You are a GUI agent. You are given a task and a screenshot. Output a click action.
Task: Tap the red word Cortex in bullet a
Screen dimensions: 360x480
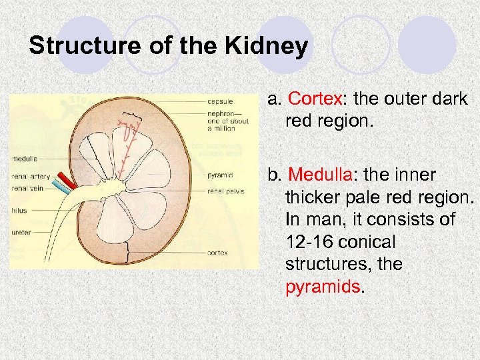click(x=315, y=99)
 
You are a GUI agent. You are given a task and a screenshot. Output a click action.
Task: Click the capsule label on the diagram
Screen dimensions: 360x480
click(x=220, y=101)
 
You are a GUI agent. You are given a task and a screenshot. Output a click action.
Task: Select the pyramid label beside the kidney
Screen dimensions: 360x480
click(x=220, y=176)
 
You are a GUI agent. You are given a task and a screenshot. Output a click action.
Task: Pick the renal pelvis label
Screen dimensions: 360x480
click(x=226, y=191)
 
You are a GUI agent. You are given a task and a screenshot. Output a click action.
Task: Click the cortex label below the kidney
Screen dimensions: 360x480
click(x=217, y=253)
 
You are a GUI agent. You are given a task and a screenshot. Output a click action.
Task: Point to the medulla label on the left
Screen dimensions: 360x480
click(x=25, y=159)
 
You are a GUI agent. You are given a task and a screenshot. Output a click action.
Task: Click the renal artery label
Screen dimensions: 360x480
click(x=31, y=177)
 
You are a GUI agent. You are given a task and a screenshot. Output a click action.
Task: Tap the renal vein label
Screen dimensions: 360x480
click(x=29, y=187)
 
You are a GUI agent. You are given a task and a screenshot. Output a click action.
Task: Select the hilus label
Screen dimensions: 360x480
click(x=19, y=209)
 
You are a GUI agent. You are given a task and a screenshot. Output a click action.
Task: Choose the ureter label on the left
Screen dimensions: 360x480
click(x=21, y=232)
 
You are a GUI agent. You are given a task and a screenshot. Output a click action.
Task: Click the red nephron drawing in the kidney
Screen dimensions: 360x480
click(x=127, y=143)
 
